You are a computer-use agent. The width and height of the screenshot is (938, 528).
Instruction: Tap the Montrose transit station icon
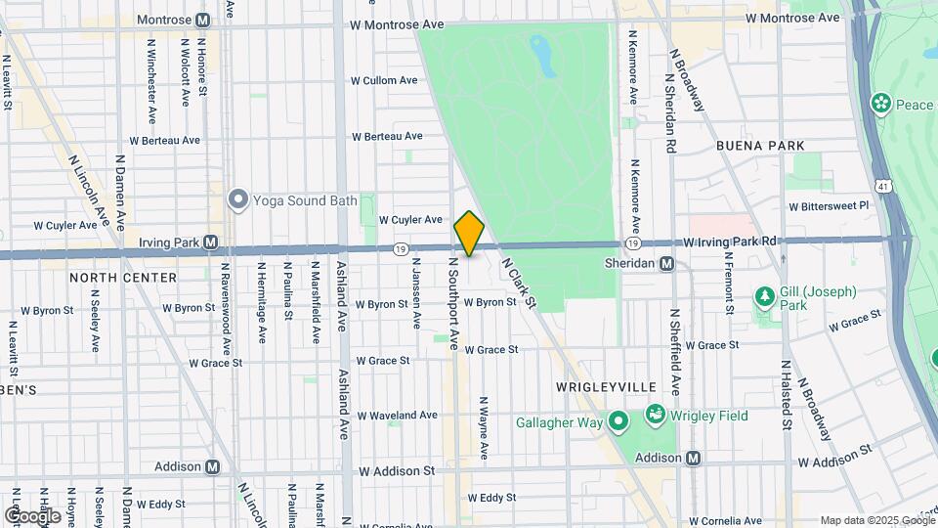(203, 20)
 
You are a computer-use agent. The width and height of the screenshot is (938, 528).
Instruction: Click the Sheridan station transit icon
(667, 263)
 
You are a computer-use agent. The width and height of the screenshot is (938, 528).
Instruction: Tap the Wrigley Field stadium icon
(655, 416)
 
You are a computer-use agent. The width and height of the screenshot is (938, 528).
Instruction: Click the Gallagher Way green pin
(618, 421)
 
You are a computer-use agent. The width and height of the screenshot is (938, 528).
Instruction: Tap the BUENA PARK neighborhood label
(760, 146)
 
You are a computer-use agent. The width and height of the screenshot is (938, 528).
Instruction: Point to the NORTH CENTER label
(123, 278)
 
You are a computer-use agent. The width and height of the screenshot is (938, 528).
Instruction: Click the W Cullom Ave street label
(385, 80)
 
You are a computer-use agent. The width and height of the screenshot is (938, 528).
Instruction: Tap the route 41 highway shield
(882, 184)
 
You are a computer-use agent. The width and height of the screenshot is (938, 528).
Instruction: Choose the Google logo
(32, 515)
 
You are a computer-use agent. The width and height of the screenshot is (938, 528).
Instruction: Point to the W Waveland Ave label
(397, 415)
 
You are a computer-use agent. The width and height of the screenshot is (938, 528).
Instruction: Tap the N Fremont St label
(729, 277)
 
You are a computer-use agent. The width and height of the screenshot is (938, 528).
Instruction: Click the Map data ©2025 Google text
(875, 520)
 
